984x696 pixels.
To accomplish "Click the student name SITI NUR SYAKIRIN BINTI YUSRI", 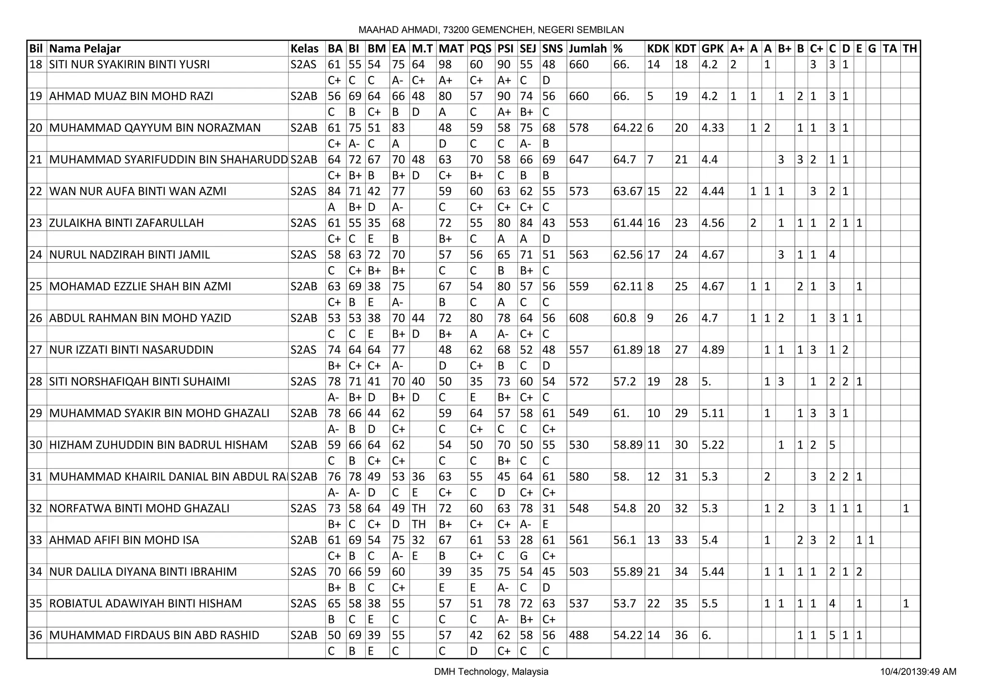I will (129, 64).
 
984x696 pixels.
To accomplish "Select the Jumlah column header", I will (588, 49).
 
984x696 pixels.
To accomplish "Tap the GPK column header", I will (713, 49).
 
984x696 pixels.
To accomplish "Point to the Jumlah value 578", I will (578, 128).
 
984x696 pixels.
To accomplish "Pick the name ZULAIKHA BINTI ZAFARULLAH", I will (126, 223).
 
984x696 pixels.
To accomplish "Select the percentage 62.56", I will (627, 255).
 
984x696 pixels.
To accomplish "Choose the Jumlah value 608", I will (578, 318).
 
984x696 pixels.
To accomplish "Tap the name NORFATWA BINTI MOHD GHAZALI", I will (139, 508).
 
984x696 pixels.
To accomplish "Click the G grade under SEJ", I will (524, 556).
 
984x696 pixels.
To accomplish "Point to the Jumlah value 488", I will (578, 635).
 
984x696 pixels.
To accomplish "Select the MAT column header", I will (451, 49).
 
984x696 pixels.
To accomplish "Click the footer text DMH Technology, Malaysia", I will (491, 672).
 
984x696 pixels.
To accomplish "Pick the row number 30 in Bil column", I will (36, 445).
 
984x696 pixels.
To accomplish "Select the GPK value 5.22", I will (713, 445).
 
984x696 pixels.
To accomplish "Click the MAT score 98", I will (445, 64).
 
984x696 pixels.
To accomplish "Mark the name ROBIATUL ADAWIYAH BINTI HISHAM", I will (146, 603).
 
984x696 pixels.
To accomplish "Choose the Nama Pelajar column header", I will (85, 49).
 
